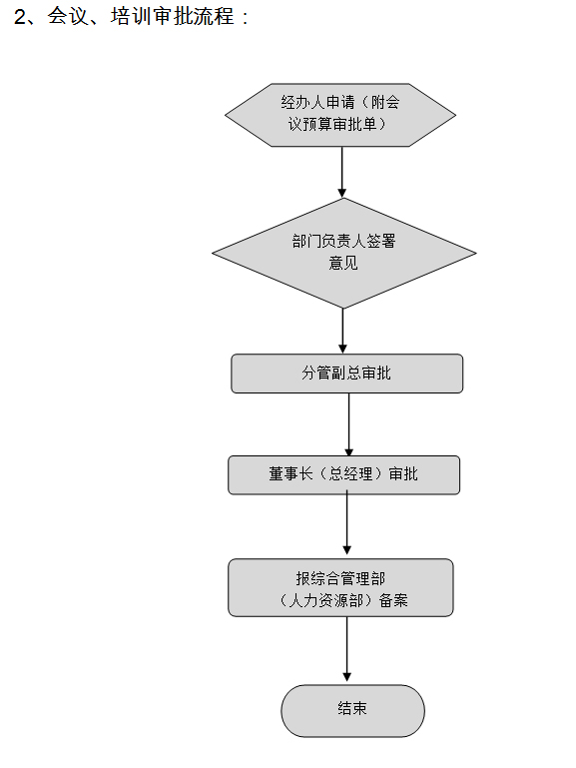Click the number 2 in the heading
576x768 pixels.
pyautogui.click(x=20, y=17)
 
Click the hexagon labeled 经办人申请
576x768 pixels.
pyautogui.click(x=340, y=115)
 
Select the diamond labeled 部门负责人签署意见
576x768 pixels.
pyautogui.click(x=343, y=254)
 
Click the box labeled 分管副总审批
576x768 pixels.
pyautogui.click(x=346, y=374)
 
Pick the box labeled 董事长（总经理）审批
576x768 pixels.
pyautogui.click(x=343, y=475)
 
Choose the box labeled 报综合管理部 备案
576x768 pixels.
pyautogui.click(x=340, y=588)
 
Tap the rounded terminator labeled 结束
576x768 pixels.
pyautogui.click(x=352, y=711)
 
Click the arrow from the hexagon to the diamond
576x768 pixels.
pyautogui.click(x=342, y=172)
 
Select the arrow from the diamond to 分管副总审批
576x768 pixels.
pyautogui.click(x=342, y=331)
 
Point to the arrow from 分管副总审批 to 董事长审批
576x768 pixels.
pyautogui.click(x=349, y=424)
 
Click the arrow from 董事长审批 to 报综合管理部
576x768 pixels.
pyautogui.click(x=347, y=524)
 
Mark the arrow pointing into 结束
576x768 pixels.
pyautogui.click(x=347, y=649)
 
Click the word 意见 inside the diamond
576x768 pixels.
pyautogui.click(x=343, y=263)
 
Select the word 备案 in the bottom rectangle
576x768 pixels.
pyautogui.click(x=393, y=600)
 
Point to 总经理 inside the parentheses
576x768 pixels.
pyautogui.click(x=350, y=474)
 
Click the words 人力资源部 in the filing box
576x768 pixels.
pyautogui.click(x=325, y=600)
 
